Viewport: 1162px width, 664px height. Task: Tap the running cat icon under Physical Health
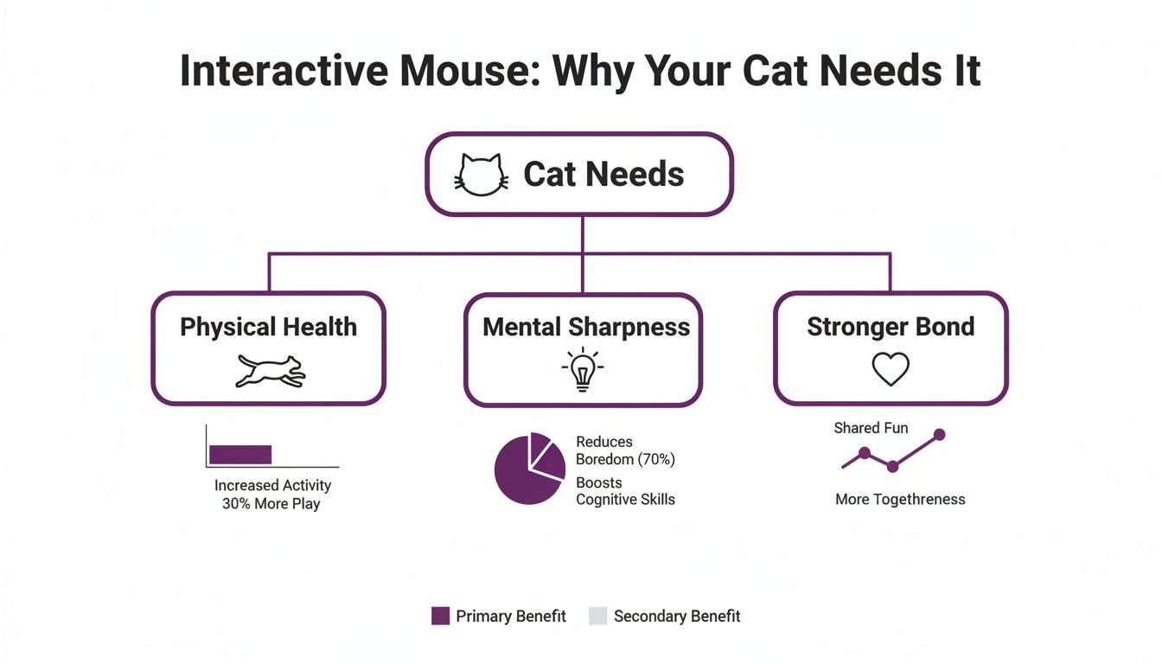[270, 370]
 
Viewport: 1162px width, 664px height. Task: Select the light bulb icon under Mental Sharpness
[583, 369]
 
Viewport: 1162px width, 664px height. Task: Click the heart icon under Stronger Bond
[891, 369]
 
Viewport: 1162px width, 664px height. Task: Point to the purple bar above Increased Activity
[240, 455]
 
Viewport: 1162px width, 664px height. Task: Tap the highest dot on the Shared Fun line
[940, 434]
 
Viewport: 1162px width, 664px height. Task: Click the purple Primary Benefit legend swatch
[441, 616]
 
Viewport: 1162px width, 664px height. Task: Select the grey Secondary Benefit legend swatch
[598, 616]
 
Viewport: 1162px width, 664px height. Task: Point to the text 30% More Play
[271, 503]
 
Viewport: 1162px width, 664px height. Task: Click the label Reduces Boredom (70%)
[624, 451]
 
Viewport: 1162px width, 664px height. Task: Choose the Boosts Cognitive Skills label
[624, 491]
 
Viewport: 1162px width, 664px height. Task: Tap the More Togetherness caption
[900, 499]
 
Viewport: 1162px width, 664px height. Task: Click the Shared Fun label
[871, 428]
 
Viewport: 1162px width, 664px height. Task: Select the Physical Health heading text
[268, 327]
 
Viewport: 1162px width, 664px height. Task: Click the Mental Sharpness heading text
[586, 327]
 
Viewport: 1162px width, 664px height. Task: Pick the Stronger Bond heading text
[891, 327]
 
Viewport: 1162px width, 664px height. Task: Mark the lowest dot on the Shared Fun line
[893, 467]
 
